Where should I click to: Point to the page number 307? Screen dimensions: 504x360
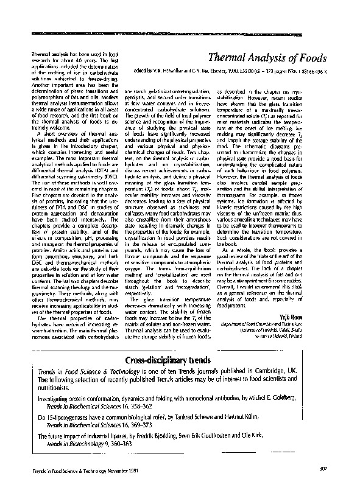point(323,469)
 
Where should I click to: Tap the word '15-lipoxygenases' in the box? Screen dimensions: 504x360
point(72,417)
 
